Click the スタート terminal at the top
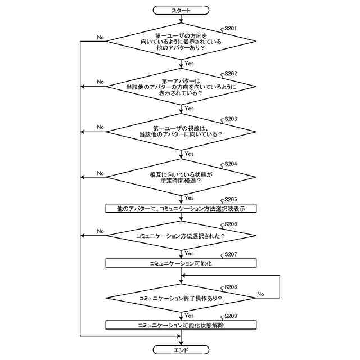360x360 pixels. [181, 10]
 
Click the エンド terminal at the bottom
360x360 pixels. [181, 350]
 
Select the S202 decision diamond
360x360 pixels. [181, 87]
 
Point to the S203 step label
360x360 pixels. [231, 119]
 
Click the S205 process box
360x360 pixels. [181, 208]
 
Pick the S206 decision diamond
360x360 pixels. [181, 236]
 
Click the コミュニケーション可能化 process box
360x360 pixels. [181, 263]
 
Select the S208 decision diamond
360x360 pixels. [181, 298]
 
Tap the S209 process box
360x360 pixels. [181, 325]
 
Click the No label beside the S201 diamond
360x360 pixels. [100, 37]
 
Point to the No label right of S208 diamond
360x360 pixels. [261, 294]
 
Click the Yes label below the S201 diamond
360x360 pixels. [189, 64]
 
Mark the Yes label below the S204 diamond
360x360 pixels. [189, 198]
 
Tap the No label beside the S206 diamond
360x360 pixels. [100, 231]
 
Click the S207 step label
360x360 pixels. [231, 254]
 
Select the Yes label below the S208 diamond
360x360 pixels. [189, 316]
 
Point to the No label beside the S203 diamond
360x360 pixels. [100, 127]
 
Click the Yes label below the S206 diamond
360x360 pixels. [189, 253]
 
